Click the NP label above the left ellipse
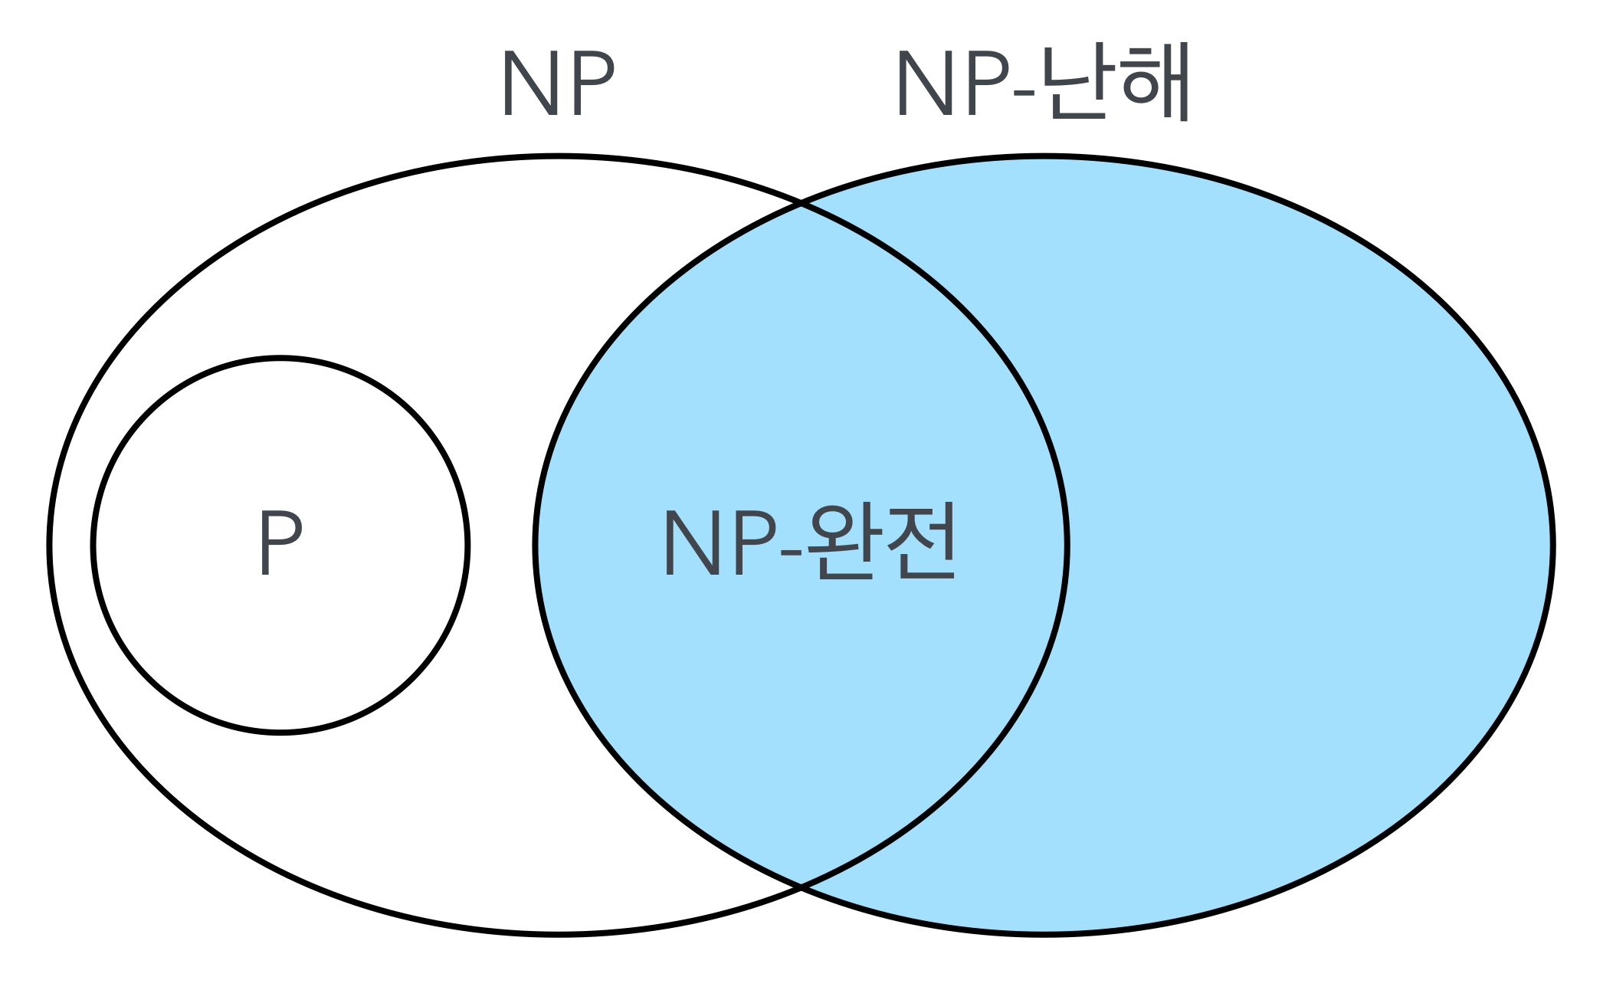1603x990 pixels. coord(558,84)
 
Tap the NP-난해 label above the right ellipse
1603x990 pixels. coord(1042,83)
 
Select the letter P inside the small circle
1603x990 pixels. coord(280,543)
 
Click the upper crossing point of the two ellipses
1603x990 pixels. coord(801,205)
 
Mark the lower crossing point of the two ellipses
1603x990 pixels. coord(801,887)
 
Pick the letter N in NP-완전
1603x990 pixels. coord(691,543)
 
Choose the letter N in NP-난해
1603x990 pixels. coord(923,84)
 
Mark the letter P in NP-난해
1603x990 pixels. coord(987,84)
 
